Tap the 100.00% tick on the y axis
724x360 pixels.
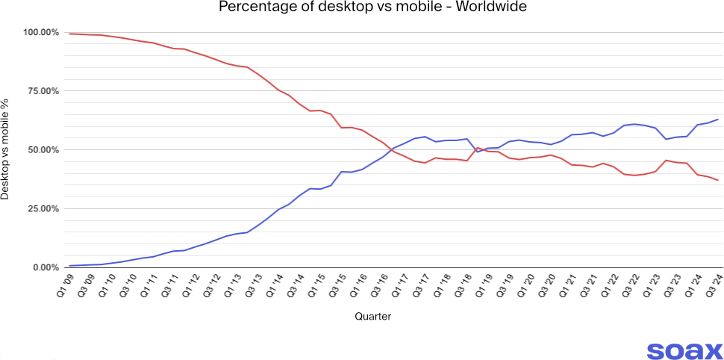click(x=40, y=32)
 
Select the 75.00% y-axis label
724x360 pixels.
click(x=43, y=91)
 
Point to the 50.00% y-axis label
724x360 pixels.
click(x=43, y=150)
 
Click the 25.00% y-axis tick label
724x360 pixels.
click(x=43, y=208)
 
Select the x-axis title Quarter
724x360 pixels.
click(x=372, y=317)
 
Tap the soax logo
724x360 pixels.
click(x=684, y=350)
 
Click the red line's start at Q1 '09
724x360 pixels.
click(x=70, y=34)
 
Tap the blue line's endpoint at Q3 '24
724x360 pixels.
click(x=718, y=120)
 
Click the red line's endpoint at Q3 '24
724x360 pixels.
click(x=718, y=180)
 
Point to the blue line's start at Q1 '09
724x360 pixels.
click(x=70, y=266)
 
